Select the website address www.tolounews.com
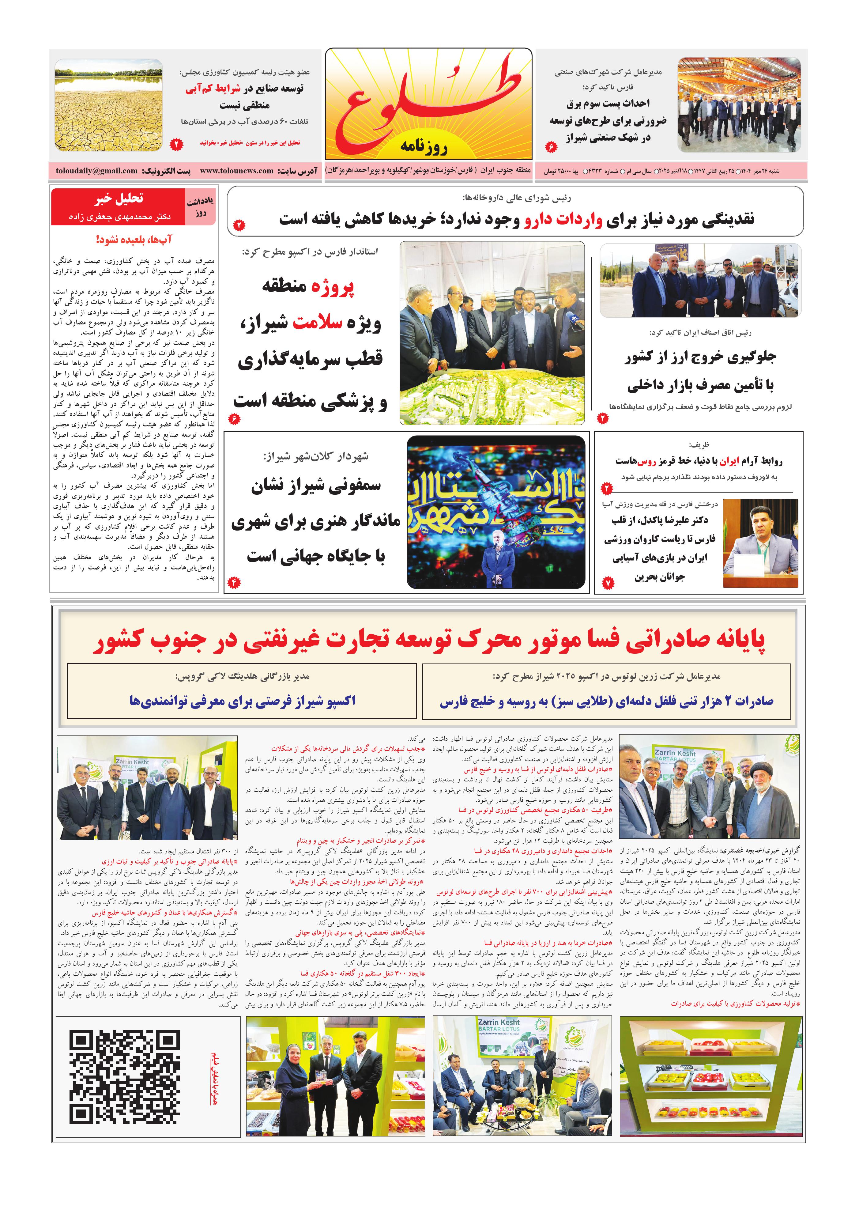tap(236, 171)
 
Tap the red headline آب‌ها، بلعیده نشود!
tap(134, 240)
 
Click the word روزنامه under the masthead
tap(423, 146)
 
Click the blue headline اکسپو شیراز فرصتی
tap(242, 701)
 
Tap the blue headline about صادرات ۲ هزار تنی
tap(606, 701)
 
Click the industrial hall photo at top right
tap(738, 105)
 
